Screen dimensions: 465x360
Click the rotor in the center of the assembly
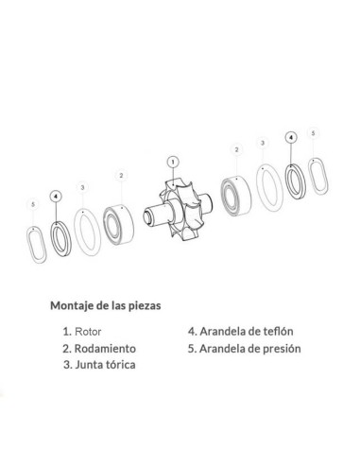[179, 213]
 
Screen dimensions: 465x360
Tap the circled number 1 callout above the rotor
[172, 161]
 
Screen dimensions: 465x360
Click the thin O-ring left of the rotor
[88, 235]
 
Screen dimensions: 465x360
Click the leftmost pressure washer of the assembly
[35, 248]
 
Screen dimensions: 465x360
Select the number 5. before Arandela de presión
[194, 348]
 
